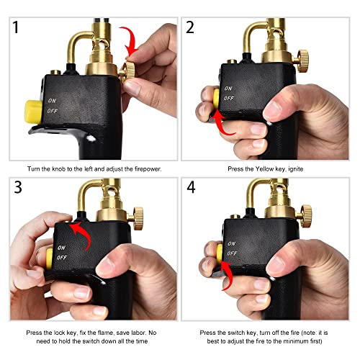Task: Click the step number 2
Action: coord(192,30)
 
